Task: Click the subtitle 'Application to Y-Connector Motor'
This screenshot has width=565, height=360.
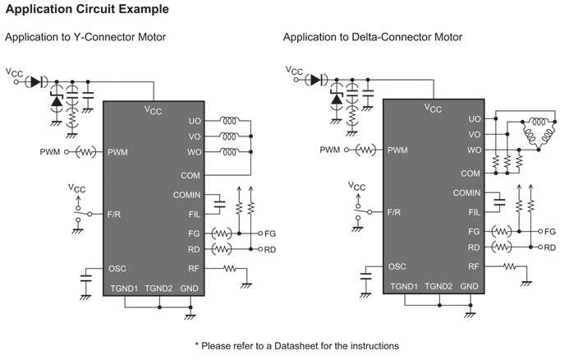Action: (x=85, y=38)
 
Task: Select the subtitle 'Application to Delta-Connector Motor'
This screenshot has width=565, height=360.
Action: (x=373, y=38)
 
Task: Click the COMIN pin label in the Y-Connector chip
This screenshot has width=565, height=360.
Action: (x=186, y=194)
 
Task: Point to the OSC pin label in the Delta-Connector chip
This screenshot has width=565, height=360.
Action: (x=397, y=266)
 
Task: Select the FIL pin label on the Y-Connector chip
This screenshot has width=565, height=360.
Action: (x=193, y=213)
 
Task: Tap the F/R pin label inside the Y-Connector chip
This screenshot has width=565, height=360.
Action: (x=115, y=213)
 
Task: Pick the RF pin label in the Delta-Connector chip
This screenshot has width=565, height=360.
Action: (x=474, y=266)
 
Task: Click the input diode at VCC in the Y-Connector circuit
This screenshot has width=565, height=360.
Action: (x=34, y=81)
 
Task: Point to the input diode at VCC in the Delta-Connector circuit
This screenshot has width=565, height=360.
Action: (x=314, y=80)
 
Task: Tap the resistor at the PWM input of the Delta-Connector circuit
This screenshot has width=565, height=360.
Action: (x=365, y=150)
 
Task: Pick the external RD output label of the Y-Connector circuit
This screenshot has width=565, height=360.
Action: (x=270, y=249)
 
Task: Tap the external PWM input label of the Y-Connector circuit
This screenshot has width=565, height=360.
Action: (x=49, y=152)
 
